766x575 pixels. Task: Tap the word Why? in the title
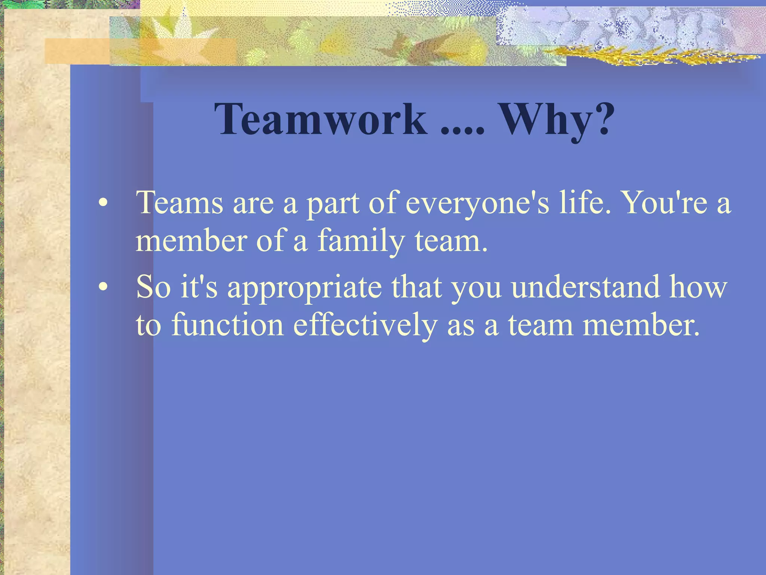tap(557, 121)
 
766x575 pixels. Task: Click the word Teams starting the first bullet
tap(179, 203)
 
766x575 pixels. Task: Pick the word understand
tap(585, 287)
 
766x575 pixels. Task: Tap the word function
tap(227, 325)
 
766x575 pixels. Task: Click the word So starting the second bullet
tap(153, 287)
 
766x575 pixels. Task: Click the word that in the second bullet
tap(417, 287)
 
